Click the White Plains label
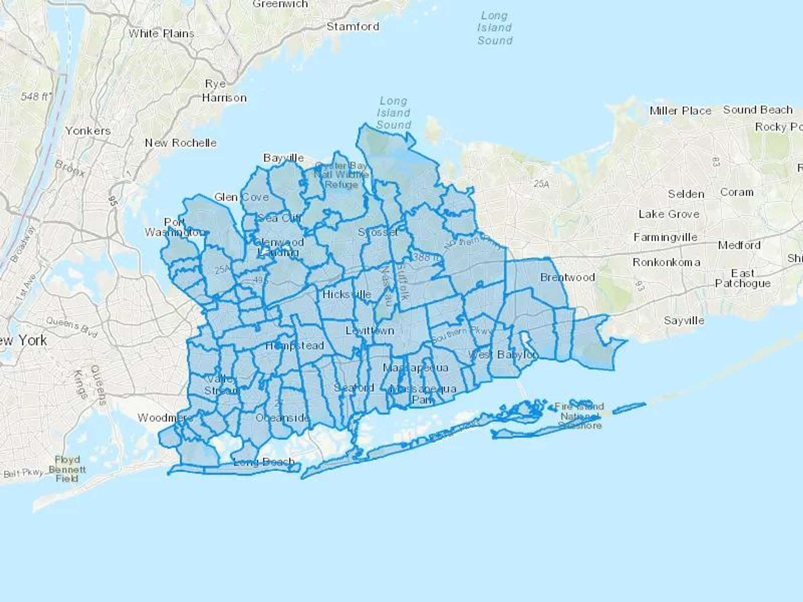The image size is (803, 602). coord(161,33)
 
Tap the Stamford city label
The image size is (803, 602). coord(353,26)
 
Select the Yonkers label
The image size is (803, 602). coord(88,131)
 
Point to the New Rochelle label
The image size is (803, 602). coord(181,143)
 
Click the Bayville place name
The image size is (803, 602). coord(283,158)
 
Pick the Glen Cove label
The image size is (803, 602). coord(241,197)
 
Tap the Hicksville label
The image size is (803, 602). coord(347,294)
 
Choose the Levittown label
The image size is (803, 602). coord(370,330)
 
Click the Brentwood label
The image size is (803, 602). coord(567,277)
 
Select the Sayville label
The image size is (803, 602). coord(684,320)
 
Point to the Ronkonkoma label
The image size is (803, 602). coord(666,262)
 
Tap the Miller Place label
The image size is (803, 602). coord(680,111)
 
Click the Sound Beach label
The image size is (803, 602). coord(758,110)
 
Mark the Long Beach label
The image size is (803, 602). coord(264,462)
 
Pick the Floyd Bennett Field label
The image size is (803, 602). coord(67,469)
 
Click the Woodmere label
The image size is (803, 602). coord(165,418)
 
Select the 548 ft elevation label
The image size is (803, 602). coord(36,96)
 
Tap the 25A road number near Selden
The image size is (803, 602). coord(542,183)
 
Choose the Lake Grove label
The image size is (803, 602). coord(669,214)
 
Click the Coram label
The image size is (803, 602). coord(737,192)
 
